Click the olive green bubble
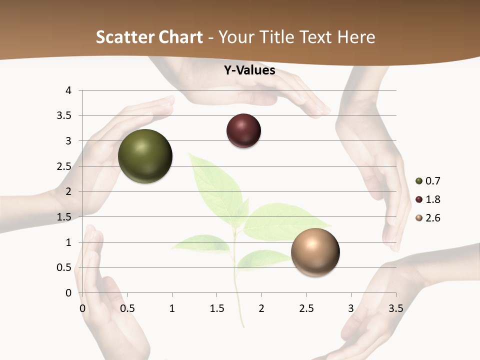coord(145,156)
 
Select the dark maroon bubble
coord(243,131)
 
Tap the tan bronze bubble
coord(315,252)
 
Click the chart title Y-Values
coord(249,70)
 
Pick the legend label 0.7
coord(432,181)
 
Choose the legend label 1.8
coord(432,199)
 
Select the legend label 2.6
coord(432,218)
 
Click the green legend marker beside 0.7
coord(419,181)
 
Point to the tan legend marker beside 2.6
coord(419,218)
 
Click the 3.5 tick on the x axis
coord(395,308)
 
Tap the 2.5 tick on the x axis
coord(306,308)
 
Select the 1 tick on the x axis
coord(172,308)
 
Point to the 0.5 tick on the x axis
coord(127,308)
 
